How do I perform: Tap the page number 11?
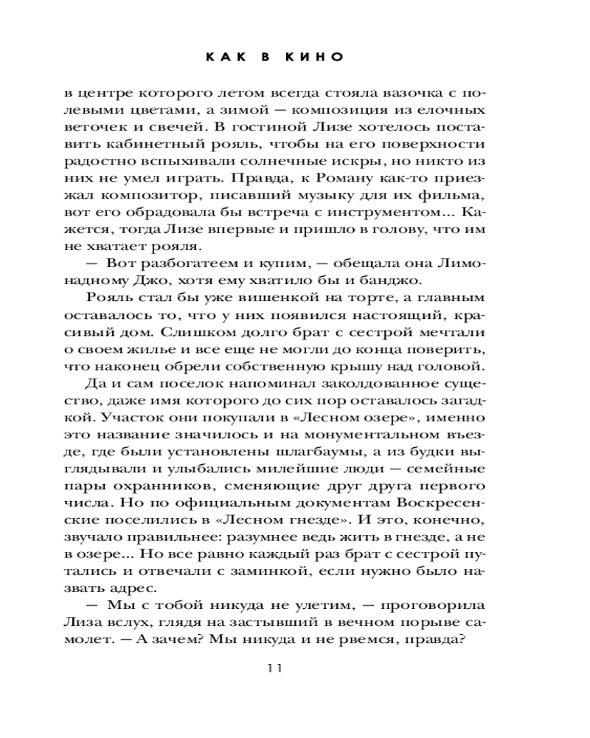click(275, 667)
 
